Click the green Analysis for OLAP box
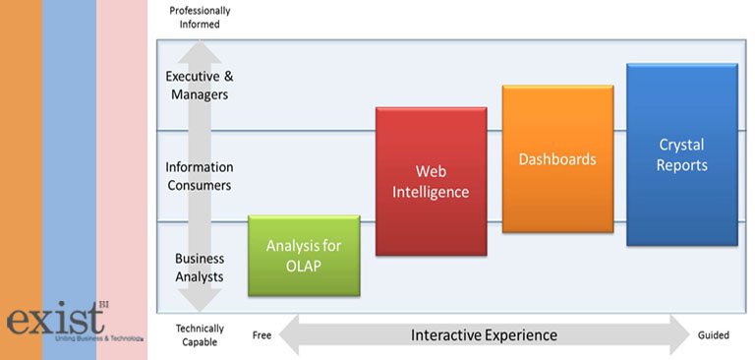(x=304, y=256)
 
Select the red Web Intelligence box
(x=431, y=182)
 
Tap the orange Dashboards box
(x=557, y=158)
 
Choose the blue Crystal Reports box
(x=681, y=154)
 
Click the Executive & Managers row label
(x=198, y=86)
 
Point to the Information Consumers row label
(x=198, y=176)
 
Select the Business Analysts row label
(x=200, y=268)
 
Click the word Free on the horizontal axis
(x=261, y=335)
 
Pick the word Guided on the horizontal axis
(x=713, y=335)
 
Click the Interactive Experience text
(x=484, y=335)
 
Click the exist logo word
(x=55, y=320)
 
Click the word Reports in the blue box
(x=681, y=165)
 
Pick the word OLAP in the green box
(x=304, y=266)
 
